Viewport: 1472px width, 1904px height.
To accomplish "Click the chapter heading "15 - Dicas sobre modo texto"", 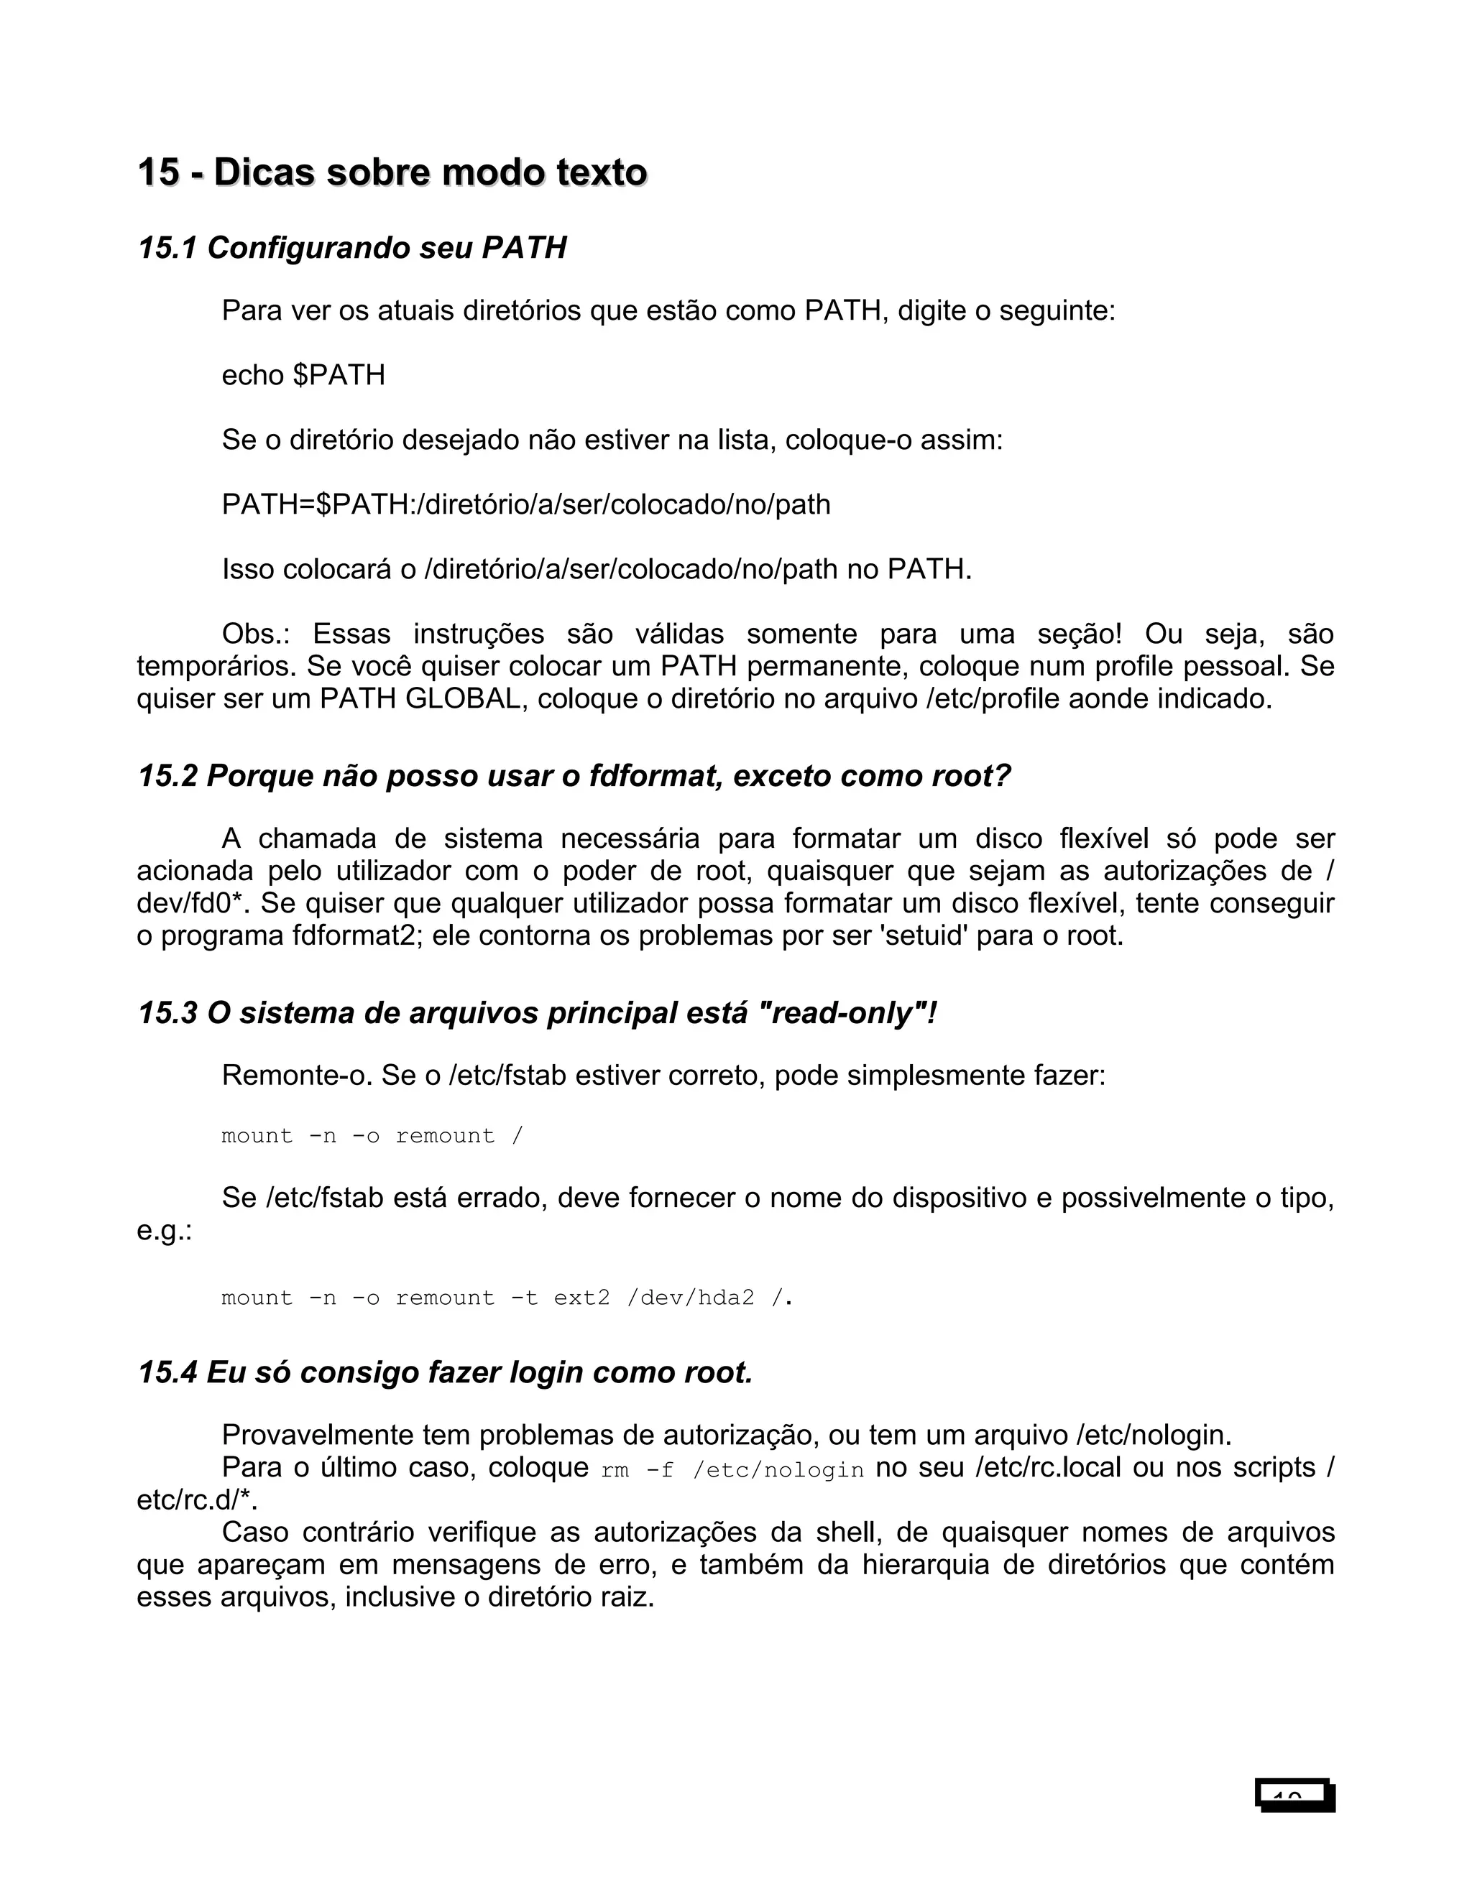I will [392, 172].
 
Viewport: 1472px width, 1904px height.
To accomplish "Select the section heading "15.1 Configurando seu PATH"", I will [352, 249].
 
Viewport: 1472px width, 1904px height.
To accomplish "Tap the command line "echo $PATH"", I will [303, 376].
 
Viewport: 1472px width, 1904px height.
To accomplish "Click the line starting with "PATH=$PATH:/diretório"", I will [526, 505].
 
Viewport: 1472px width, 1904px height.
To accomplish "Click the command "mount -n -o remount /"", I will [372, 1136].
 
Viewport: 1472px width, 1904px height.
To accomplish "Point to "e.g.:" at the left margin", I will [164, 1231].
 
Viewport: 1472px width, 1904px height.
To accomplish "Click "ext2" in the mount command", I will [581, 1298].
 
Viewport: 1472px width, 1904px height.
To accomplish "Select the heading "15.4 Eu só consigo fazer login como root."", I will [445, 1373].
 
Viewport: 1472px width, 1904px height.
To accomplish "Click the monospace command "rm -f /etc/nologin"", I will [732, 1470].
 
